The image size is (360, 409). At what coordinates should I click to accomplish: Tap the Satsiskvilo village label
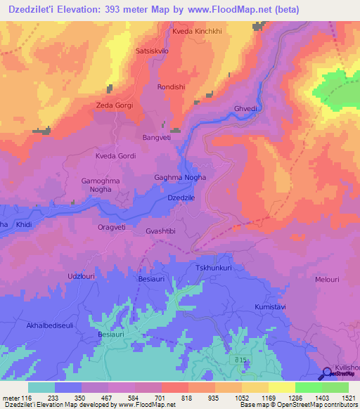pos(152,52)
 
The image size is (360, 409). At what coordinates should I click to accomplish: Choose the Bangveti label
pos(157,138)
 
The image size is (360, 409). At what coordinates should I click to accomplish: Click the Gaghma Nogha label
pos(180,178)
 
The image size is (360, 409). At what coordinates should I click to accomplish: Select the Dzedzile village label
pos(181,199)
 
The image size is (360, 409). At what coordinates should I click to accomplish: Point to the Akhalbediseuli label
pos(51,316)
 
